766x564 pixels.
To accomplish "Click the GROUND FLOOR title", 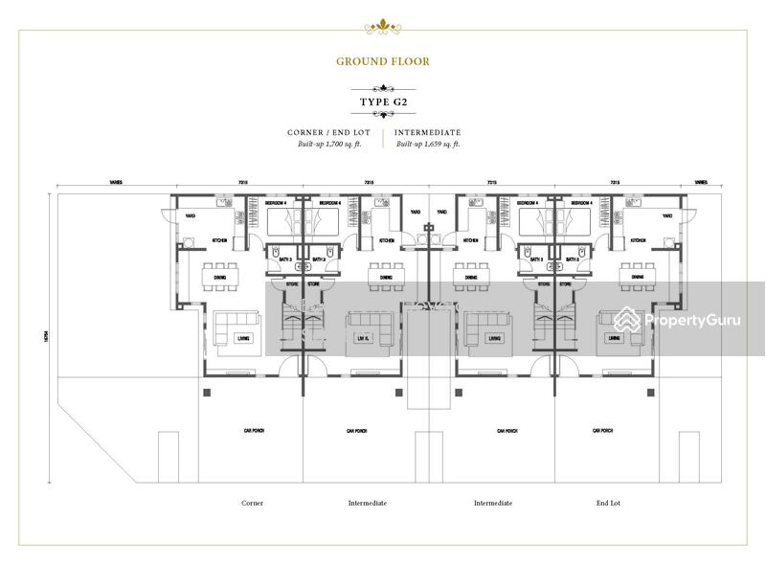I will [382, 61].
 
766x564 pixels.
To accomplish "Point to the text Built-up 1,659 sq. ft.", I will [429, 144].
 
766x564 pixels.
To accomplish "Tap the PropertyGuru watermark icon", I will [627, 319].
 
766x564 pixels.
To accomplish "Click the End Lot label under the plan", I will [609, 503].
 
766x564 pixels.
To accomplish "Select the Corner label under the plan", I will [252, 503].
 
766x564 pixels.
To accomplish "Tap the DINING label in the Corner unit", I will [220, 278].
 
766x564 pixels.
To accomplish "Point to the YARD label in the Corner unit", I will [191, 216].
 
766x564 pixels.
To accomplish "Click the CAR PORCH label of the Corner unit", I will [254, 432].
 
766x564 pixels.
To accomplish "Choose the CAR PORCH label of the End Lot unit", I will [603, 432].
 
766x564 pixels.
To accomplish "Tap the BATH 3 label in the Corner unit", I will [284, 259].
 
